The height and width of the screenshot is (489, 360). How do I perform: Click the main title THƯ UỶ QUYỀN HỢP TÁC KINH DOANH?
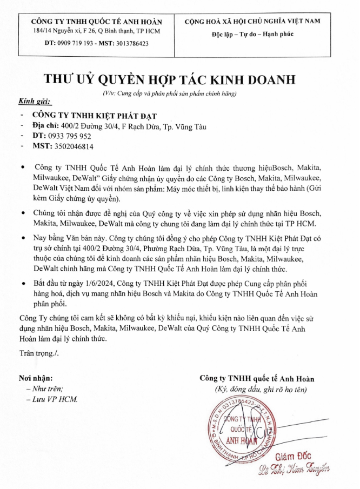170,79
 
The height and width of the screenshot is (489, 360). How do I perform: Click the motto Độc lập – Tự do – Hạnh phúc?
252,34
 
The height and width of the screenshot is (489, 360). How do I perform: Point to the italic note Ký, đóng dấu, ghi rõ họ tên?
261,389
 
